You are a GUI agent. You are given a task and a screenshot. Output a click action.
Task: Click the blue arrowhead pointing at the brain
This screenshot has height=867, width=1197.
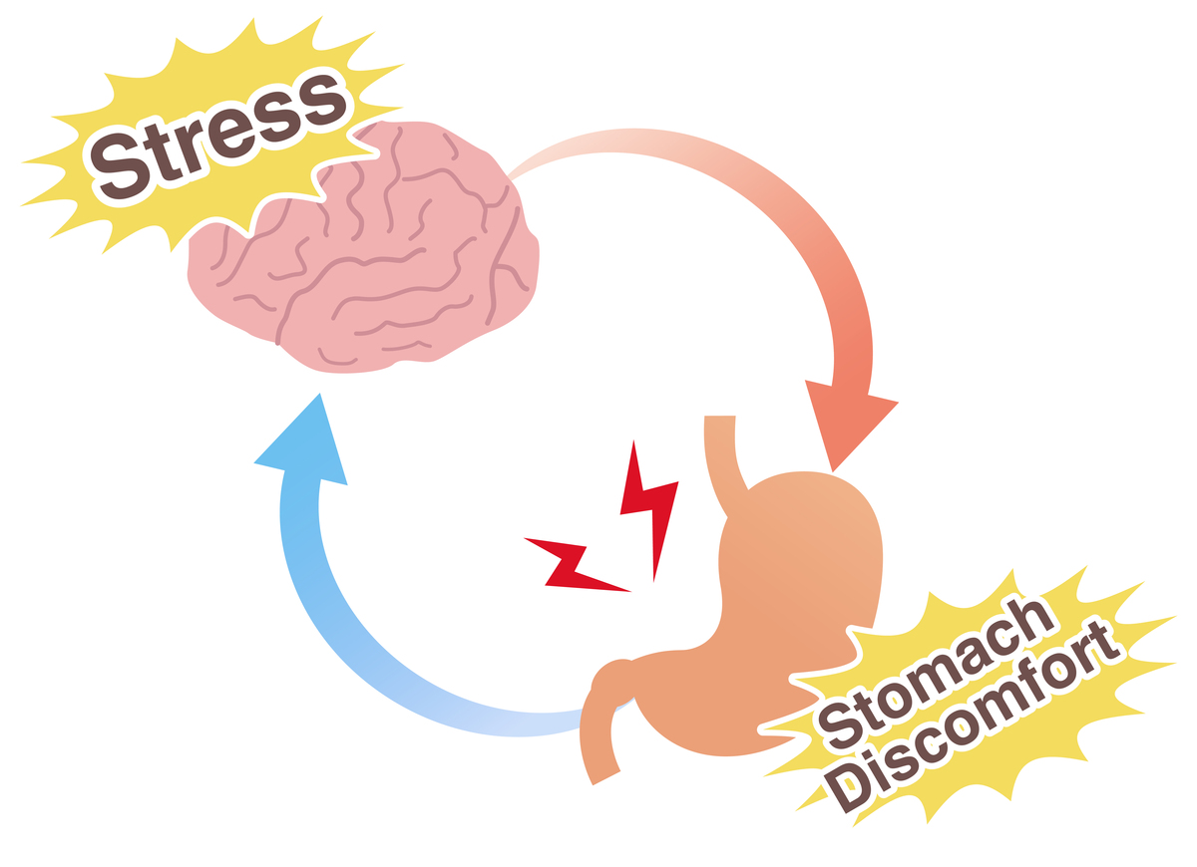point(304,443)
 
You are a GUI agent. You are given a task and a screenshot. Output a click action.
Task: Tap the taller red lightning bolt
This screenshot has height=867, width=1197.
point(649,510)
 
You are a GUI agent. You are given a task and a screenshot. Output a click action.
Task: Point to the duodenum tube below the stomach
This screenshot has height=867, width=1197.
point(598,742)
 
